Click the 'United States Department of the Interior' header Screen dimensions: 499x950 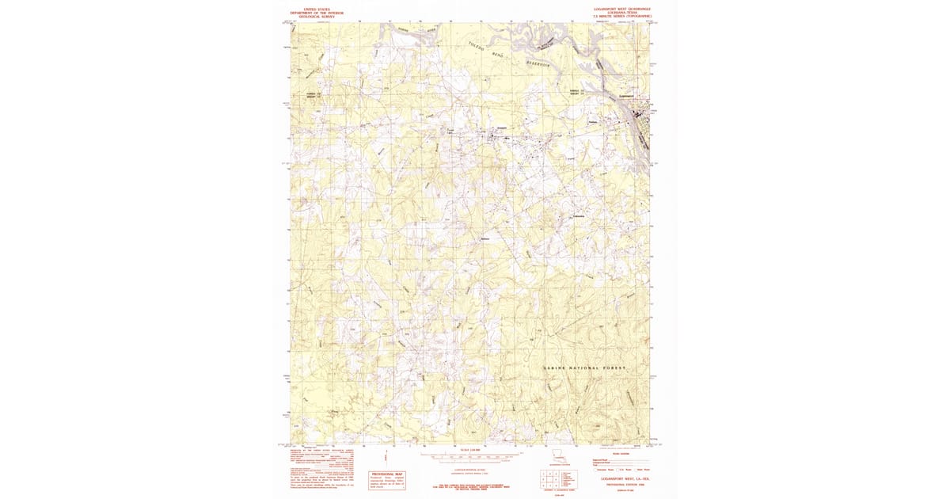314,12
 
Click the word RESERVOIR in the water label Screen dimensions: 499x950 542,64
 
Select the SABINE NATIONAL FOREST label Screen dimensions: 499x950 584,369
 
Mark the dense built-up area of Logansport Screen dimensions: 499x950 638,119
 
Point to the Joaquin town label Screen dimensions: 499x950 500,129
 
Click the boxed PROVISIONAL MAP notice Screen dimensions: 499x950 387,478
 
